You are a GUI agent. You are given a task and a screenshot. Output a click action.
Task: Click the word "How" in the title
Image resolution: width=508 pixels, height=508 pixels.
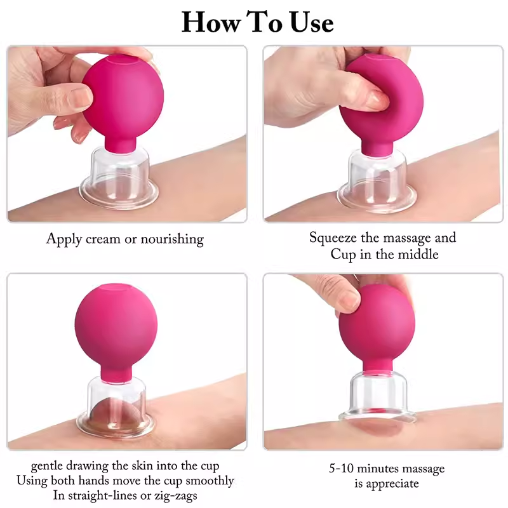[211, 22]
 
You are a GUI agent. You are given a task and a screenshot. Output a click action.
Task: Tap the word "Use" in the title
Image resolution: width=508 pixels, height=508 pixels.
[312, 22]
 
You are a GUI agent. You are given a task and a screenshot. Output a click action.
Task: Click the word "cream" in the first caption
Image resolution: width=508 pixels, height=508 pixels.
[103, 239]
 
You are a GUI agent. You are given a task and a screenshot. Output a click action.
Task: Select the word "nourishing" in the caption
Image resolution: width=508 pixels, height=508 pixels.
[172, 240]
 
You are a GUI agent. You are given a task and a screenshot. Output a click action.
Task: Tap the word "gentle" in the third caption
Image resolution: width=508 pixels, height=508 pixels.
[46, 466]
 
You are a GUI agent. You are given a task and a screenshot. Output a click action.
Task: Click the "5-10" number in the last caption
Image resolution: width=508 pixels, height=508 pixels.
[341, 469]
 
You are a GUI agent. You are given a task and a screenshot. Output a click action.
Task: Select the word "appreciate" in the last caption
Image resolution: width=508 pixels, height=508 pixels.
[391, 484]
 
